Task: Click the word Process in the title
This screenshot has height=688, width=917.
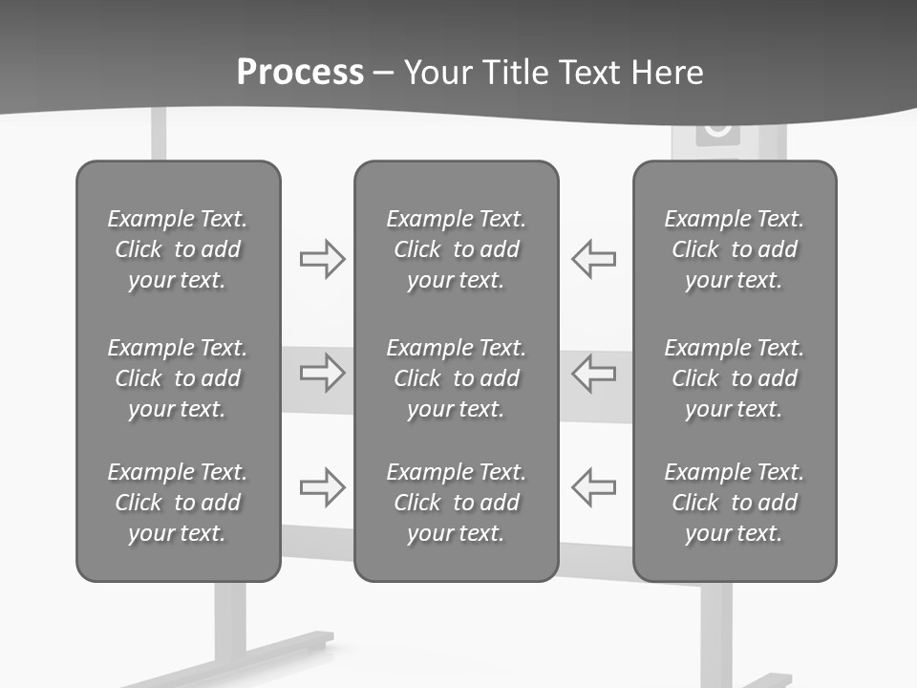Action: tap(300, 73)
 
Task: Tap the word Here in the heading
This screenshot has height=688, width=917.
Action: tap(666, 73)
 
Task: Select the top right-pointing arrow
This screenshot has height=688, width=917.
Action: tap(322, 258)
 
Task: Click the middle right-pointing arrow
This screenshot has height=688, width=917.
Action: tap(322, 373)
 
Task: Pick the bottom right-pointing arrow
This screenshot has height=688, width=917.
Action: tap(322, 487)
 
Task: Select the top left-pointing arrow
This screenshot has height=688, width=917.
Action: tap(594, 258)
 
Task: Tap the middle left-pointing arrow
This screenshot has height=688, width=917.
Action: tap(594, 373)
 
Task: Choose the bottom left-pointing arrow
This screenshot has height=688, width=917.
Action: tap(594, 487)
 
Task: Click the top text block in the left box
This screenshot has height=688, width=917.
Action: tap(178, 249)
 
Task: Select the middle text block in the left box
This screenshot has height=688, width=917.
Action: tap(178, 378)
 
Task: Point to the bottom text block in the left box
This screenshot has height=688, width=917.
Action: tap(178, 503)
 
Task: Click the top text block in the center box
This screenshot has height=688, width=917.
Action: tap(456, 249)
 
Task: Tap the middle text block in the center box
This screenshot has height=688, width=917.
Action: tap(456, 378)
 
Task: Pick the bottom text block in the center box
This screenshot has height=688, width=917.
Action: tap(456, 503)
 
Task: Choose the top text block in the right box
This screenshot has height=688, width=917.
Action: tap(734, 249)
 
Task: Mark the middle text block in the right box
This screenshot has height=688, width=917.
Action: tap(734, 378)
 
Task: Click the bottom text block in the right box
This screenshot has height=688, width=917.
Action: tap(734, 503)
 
